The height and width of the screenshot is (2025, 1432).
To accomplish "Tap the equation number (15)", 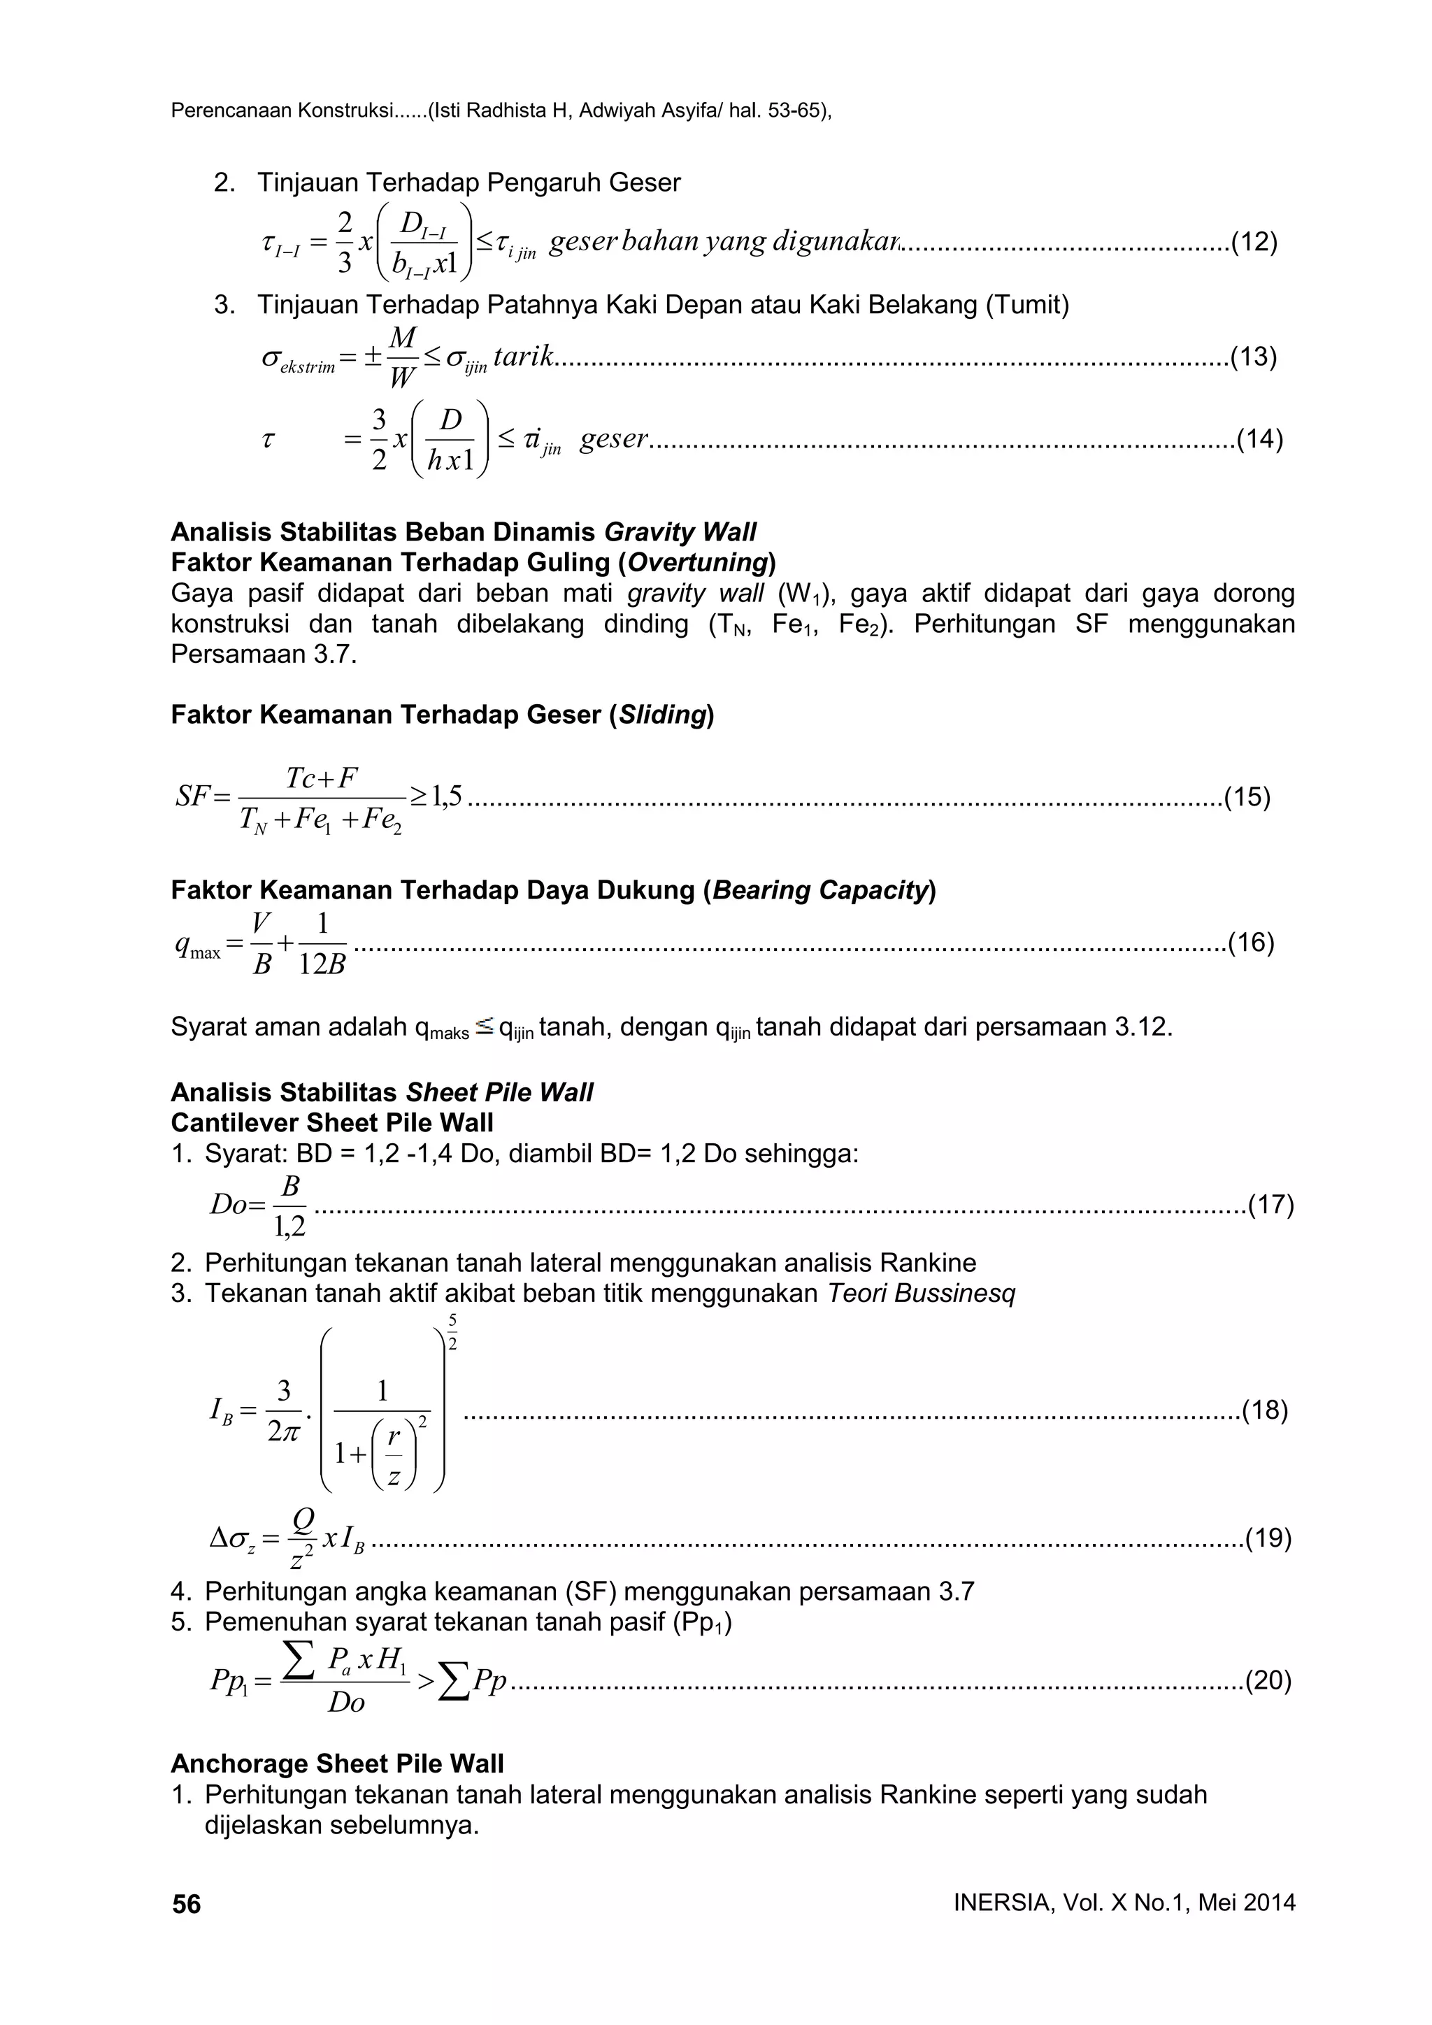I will pos(1247,797).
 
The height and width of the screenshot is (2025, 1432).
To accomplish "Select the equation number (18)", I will pos(1264,1410).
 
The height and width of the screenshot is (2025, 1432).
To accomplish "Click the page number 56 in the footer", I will pos(186,1904).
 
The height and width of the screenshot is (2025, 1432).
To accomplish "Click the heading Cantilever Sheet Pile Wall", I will pos(331,1123).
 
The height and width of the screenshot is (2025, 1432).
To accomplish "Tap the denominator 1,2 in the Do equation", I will pos(289,1226).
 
